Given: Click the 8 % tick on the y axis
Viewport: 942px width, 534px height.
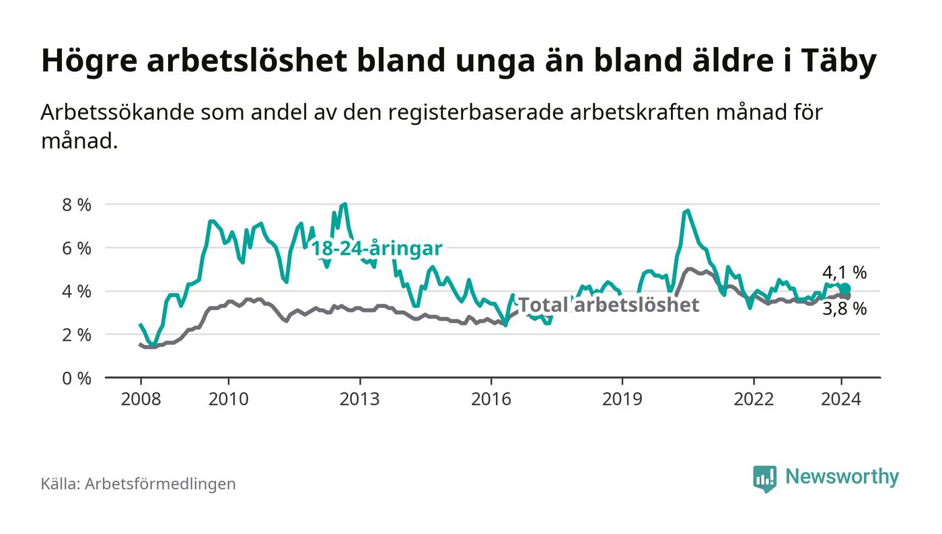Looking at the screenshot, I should coord(76,204).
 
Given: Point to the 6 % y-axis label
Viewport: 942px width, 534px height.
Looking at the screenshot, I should coord(76,248).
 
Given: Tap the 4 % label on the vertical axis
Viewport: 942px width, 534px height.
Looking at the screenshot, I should coord(76,292).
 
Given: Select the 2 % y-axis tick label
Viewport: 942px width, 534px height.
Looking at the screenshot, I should coord(76,335).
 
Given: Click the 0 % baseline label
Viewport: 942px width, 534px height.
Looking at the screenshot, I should coord(76,379).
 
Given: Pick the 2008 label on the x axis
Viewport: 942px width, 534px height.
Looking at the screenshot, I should coord(141,399).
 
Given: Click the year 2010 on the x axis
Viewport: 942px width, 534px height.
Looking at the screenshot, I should coord(229,399).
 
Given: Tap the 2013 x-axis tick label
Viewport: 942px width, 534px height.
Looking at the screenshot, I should coord(359,399).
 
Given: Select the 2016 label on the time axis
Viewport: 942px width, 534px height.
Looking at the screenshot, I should coord(491,399).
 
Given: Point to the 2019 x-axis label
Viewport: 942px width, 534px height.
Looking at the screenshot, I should coord(622,399).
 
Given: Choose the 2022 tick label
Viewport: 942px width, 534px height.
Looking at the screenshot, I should coord(754,399).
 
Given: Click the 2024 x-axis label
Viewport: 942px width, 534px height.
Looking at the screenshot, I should coord(841,399).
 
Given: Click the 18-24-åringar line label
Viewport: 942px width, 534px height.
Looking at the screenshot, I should coord(377,249).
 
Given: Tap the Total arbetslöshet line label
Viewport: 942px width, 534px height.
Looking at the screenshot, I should coord(608,305).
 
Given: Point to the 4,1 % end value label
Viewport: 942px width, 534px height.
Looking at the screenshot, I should coord(844,272).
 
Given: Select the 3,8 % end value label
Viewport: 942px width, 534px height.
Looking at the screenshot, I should coord(844,309).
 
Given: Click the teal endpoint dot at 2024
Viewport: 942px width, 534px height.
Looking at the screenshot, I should coord(845,289).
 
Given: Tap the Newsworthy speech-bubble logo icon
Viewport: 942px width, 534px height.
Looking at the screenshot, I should coord(764,478).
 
